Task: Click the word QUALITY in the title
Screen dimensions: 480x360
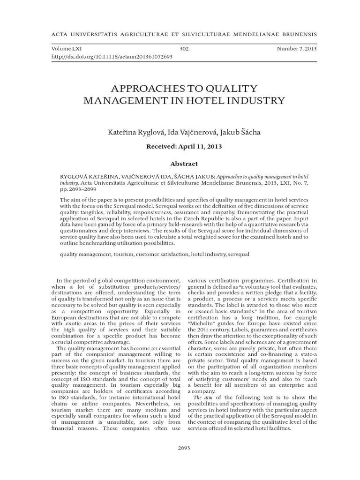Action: pos(224,88)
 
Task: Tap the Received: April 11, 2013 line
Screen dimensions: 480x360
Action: pos(184,146)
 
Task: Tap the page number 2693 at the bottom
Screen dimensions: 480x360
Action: pos(184,448)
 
